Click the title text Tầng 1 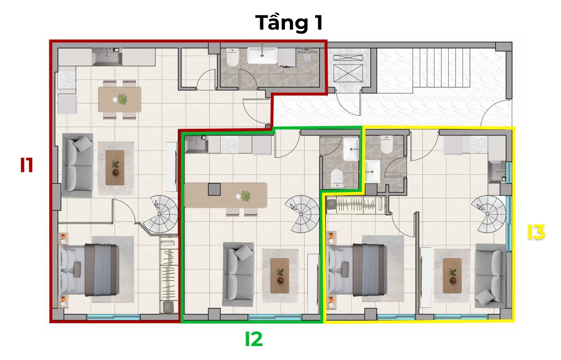click(289, 22)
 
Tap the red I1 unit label click(26, 165)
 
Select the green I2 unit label click(254, 339)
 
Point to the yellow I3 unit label click(536, 232)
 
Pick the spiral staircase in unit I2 click(302, 214)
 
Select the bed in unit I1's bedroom click(89, 269)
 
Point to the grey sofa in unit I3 click(490, 276)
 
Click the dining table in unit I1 click(119, 99)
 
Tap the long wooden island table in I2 click(226, 195)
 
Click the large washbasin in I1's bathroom click(262, 55)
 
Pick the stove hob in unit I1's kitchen click(66, 81)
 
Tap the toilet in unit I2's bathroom click(337, 178)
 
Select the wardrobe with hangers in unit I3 click(356, 205)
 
